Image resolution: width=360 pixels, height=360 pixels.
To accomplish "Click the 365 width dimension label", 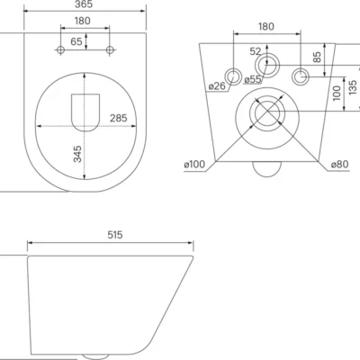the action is [x=84, y=4].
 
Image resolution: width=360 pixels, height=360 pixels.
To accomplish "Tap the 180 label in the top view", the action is [x=82, y=21].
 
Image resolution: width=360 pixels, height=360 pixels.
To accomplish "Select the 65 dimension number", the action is [x=76, y=41].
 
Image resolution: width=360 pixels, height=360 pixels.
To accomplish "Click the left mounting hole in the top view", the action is [x=60, y=49].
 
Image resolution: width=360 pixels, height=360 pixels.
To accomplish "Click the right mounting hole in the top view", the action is [x=110, y=49].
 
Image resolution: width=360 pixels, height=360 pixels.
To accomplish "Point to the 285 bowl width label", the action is [x=119, y=118].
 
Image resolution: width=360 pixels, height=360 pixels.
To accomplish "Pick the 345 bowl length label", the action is [x=77, y=154].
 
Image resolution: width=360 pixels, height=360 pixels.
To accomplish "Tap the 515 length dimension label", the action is [x=115, y=235].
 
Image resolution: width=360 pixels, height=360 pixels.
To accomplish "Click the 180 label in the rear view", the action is [x=266, y=27].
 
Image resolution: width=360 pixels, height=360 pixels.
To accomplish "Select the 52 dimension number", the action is [x=256, y=51].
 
